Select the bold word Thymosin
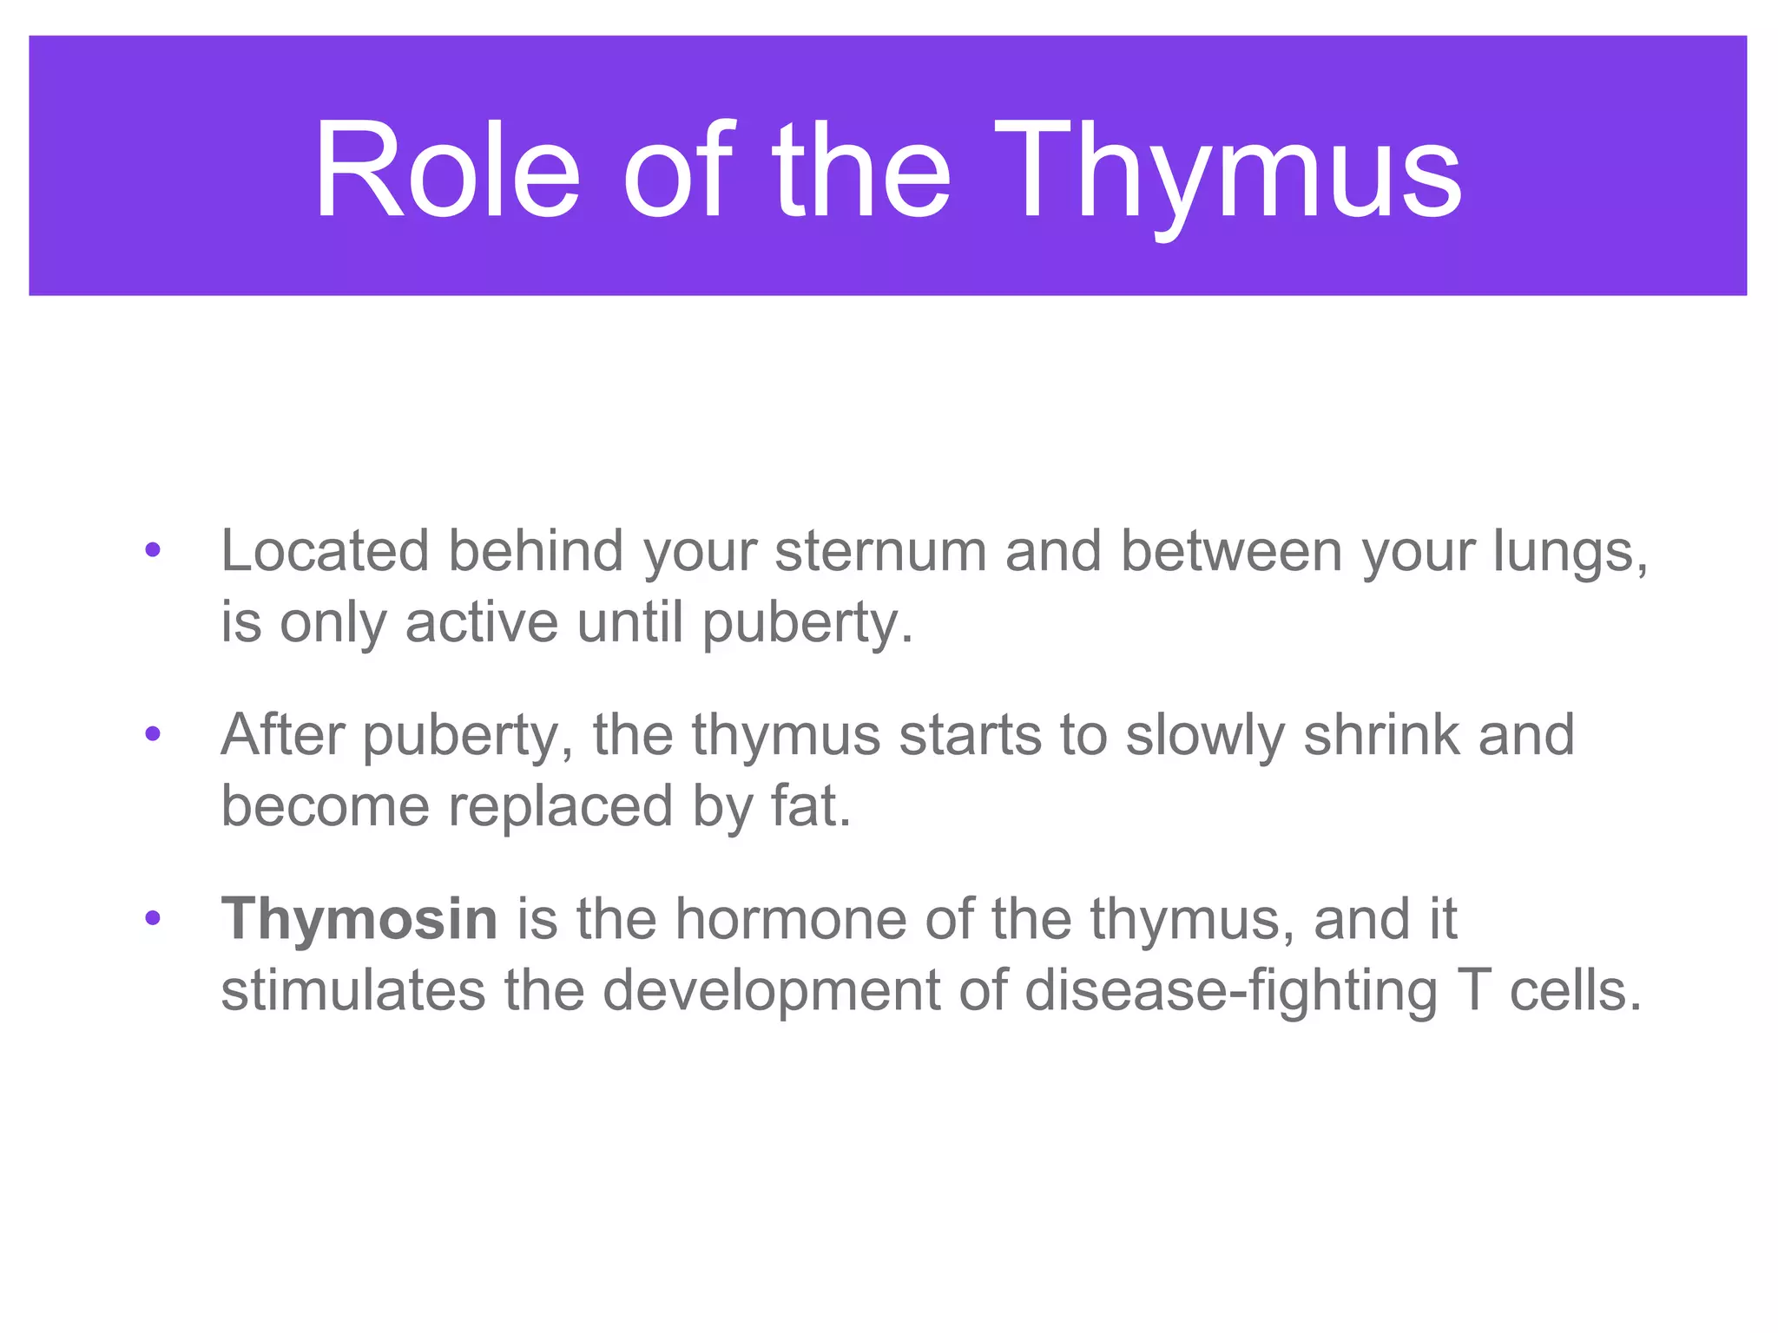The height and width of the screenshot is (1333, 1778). [359, 918]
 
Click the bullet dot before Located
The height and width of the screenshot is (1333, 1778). [153, 550]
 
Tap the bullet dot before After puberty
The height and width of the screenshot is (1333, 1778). [153, 735]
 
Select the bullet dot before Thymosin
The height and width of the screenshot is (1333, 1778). [153, 918]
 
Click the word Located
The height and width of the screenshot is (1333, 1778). [325, 551]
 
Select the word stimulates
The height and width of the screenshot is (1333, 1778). [352, 990]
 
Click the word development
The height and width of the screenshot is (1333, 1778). [771, 992]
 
